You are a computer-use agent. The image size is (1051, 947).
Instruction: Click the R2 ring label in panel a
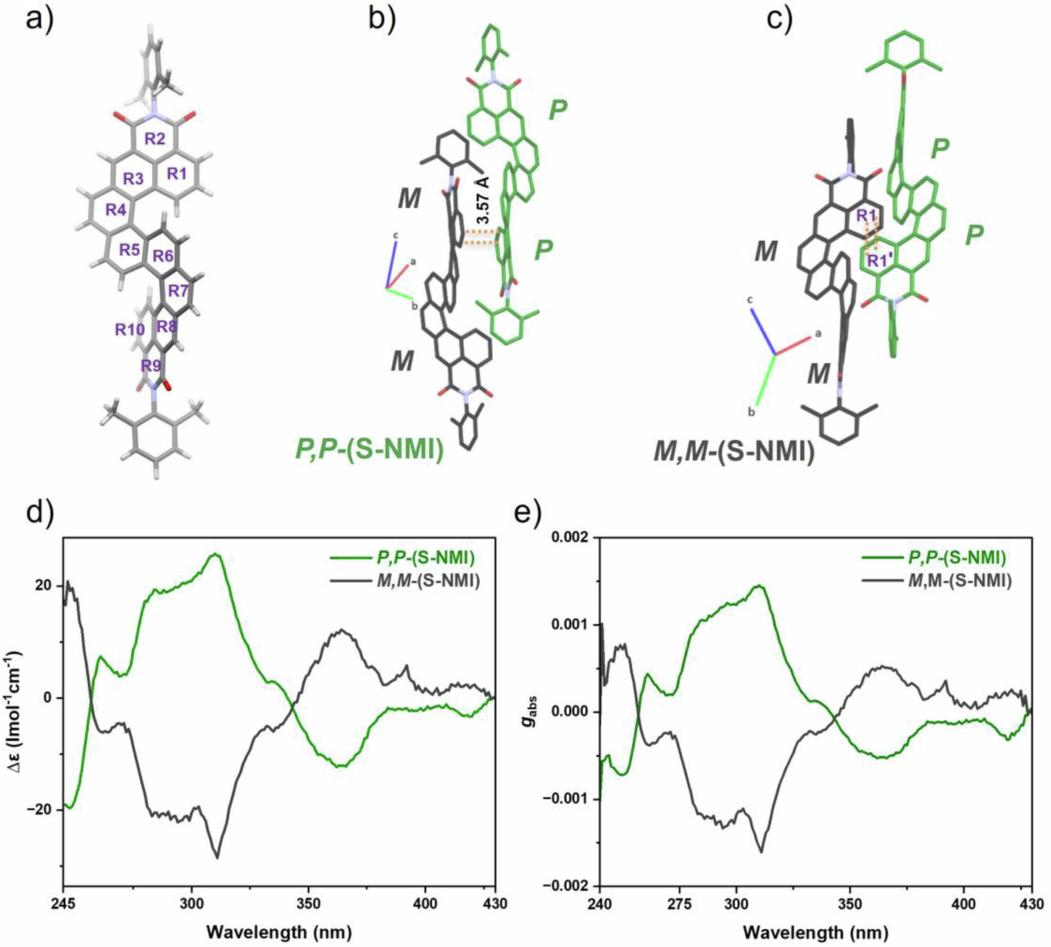tap(154, 139)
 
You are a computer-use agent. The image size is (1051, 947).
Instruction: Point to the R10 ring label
tap(130, 330)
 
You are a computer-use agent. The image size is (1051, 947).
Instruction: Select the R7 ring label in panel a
tap(178, 291)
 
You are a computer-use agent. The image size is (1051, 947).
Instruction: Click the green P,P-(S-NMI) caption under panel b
tap(369, 450)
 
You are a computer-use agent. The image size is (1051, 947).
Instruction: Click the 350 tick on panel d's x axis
tap(309, 903)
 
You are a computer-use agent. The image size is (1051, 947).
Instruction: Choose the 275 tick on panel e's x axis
tap(679, 903)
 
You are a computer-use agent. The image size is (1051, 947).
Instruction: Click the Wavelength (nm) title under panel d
tap(278, 931)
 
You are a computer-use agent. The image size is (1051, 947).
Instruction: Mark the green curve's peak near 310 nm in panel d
tap(215, 555)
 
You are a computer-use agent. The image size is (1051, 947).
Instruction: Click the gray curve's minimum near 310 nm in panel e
tap(762, 851)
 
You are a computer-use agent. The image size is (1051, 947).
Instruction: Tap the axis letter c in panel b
tap(395, 236)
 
